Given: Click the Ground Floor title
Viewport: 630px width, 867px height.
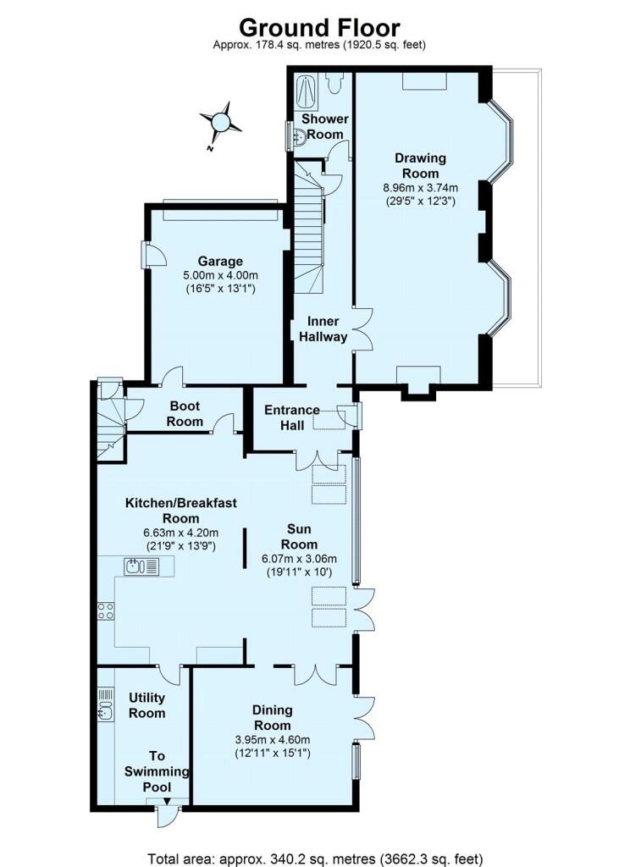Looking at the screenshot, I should (318, 28).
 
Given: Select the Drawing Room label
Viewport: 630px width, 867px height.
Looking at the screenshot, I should (420, 165).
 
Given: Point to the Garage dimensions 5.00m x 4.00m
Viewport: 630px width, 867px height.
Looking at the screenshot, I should (220, 275).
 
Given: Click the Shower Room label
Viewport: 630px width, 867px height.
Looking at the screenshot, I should (323, 127).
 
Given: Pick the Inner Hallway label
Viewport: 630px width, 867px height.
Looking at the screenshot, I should (323, 329).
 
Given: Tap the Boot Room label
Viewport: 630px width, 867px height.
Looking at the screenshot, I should (185, 414).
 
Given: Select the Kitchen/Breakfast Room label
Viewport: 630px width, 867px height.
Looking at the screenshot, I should (181, 511).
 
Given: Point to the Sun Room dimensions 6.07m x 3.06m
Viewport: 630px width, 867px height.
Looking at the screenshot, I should (300, 559).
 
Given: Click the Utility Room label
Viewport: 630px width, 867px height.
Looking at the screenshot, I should (146, 705).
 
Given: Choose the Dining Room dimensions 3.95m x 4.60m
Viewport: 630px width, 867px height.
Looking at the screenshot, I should (272, 739).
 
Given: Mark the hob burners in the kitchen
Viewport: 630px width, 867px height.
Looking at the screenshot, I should (106, 610).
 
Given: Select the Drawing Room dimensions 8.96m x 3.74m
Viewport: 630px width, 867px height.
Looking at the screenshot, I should (420, 188).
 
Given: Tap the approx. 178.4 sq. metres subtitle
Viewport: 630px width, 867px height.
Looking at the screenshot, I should (318, 45).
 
